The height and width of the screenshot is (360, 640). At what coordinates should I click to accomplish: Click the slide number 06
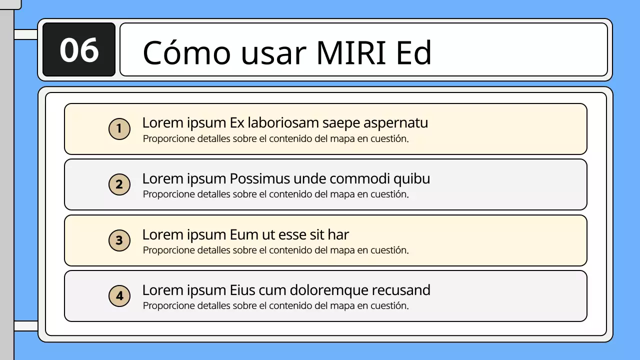point(79,50)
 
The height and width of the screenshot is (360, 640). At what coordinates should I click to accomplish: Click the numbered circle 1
point(119,129)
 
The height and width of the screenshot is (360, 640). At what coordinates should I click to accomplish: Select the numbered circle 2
point(119,185)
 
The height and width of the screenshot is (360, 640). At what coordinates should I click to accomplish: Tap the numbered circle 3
point(119,240)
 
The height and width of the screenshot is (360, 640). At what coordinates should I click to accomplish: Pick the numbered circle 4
point(119,296)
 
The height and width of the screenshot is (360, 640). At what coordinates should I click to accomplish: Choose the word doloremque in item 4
point(326,290)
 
